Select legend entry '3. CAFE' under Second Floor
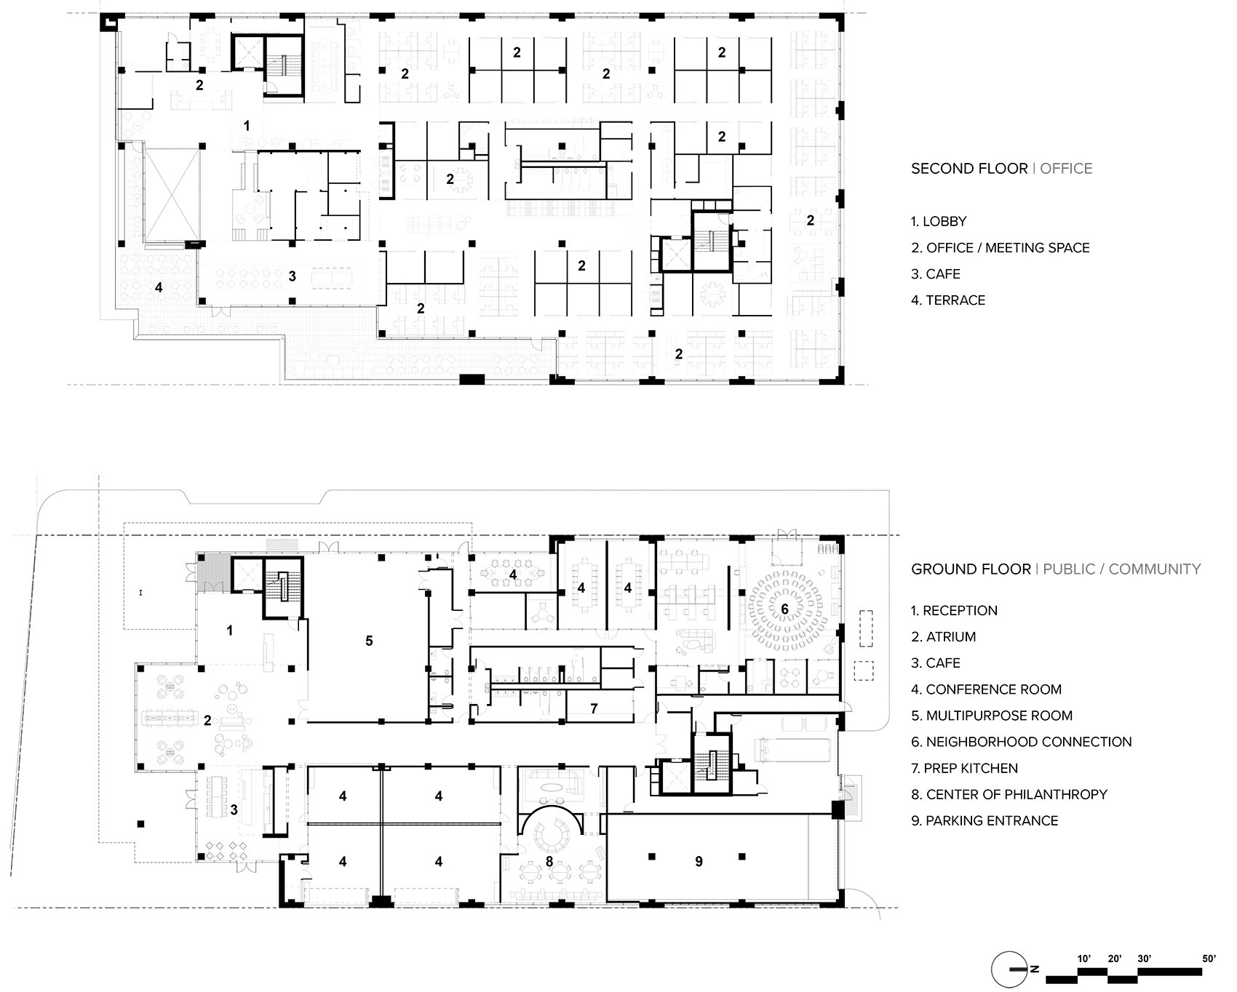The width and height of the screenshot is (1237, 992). [936, 274]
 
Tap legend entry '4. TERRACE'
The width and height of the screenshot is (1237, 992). [948, 300]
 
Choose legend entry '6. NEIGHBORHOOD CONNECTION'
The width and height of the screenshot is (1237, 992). [1021, 742]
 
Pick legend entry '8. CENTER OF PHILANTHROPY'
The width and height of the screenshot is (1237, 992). [1009, 794]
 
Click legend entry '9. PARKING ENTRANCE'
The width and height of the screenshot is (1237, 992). [984, 820]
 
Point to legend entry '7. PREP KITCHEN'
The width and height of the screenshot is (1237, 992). [964, 768]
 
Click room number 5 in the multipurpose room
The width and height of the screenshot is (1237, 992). [369, 641]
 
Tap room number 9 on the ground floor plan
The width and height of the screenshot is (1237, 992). [699, 862]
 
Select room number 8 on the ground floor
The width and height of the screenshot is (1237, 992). [549, 862]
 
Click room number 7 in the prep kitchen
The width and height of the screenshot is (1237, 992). [594, 708]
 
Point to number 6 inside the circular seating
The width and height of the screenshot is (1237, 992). [784, 608]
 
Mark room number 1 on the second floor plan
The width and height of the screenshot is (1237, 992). [247, 127]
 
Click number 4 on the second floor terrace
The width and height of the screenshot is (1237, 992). [159, 288]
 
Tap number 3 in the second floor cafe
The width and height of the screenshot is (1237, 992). [293, 276]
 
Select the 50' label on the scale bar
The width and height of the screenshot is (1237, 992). [1209, 959]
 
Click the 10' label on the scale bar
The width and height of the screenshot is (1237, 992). [1083, 959]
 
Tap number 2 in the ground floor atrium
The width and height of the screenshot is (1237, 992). [207, 721]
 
